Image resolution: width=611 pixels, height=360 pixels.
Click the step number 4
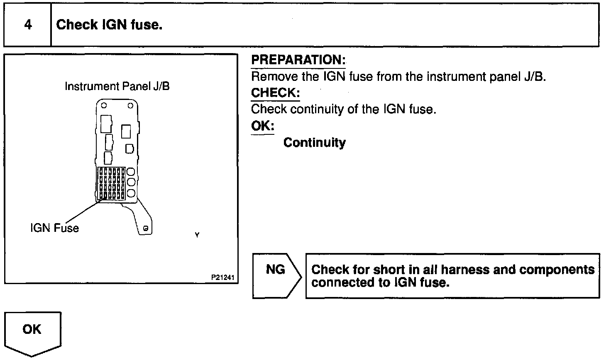tap(28, 25)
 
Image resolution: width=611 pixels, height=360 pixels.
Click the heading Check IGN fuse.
tap(109, 25)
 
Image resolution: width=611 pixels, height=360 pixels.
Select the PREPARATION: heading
tap(298, 60)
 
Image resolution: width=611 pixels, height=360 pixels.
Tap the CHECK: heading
tap(275, 92)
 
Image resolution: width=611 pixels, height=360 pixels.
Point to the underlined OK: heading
tap(262, 126)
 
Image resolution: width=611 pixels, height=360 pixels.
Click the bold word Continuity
tap(314, 143)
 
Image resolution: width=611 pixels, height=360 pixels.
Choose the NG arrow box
tap(276, 275)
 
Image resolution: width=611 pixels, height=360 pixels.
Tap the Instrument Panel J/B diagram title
tap(117, 86)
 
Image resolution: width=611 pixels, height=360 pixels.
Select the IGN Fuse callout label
tap(54, 228)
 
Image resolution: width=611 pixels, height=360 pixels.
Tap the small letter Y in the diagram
tap(197, 235)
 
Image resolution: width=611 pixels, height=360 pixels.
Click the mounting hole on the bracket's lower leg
tap(146, 228)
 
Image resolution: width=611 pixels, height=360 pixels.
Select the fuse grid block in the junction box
tap(111, 183)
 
